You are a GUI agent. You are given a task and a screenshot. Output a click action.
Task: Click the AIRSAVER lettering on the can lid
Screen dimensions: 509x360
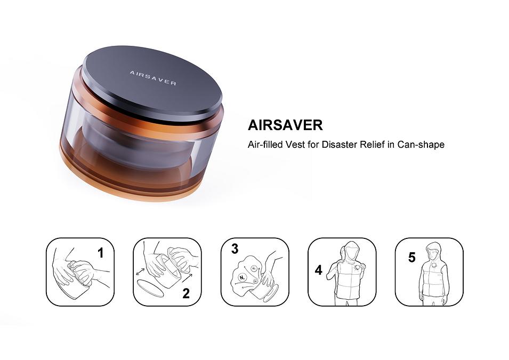click(x=152, y=78)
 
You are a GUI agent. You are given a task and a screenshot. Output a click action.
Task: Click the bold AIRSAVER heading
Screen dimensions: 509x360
click(x=285, y=125)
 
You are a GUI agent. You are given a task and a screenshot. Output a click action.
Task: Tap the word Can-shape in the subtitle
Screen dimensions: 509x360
click(x=421, y=145)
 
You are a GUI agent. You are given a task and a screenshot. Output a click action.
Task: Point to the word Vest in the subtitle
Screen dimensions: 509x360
click(x=295, y=144)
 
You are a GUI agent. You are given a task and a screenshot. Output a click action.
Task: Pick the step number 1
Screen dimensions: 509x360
click(x=101, y=253)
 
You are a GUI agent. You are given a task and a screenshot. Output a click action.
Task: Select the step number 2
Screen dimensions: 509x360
click(x=186, y=293)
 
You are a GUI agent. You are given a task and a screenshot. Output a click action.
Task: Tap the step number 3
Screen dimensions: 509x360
click(x=235, y=249)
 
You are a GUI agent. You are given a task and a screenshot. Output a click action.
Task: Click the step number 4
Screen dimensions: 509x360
click(x=318, y=270)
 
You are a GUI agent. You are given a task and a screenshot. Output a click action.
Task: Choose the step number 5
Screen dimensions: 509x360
click(x=412, y=258)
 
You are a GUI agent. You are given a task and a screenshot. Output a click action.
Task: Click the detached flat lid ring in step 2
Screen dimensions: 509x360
click(x=150, y=288)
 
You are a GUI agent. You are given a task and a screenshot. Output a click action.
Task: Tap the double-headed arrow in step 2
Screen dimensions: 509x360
click(x=141, y=272)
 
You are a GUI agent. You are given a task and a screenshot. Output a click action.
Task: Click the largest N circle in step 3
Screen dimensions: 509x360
click(x=242, y=277)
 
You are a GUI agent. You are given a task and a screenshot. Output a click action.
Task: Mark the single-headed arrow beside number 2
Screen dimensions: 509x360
click(x=187, y=277)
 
